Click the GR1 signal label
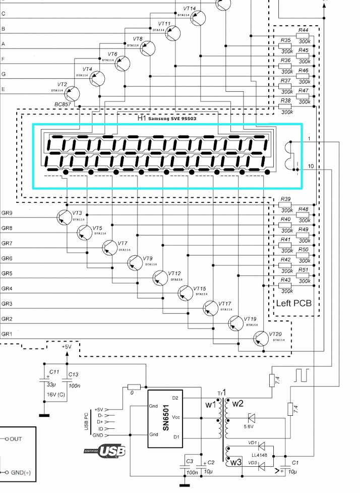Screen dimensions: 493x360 click(7, 334)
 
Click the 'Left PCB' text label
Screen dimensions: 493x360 click(294, 304)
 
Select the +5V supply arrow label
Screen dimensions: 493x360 click(67, 347)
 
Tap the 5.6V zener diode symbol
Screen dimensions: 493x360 click(252, 417)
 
